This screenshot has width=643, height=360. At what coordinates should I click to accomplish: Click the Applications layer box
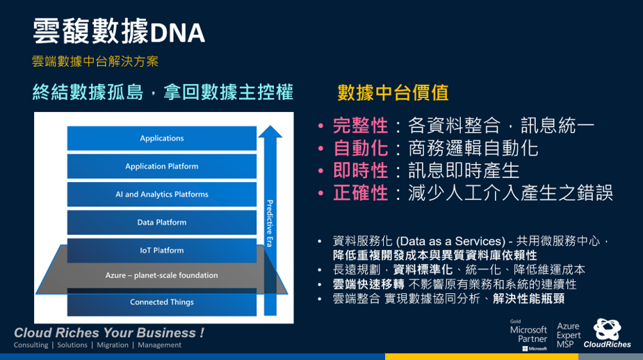point(161,138)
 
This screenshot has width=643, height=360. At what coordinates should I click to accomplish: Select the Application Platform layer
point(161,166)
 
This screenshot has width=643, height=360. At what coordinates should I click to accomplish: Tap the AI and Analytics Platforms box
point(161,194)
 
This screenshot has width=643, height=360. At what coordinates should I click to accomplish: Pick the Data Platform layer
point(161,222)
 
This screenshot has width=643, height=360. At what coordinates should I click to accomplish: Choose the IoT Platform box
point(161,250)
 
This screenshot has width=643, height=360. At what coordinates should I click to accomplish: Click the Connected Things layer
point(161,302)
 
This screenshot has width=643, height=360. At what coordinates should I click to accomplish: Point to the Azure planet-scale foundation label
point(161,275)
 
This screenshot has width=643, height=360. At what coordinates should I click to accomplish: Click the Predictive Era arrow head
point(270,131)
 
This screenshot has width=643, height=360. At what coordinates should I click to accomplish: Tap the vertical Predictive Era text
point(270,224)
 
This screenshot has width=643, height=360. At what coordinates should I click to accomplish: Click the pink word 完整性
point(361,126)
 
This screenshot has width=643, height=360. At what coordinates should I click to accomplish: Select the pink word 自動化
point(361,148)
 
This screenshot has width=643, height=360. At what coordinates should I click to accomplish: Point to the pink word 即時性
point(361,170)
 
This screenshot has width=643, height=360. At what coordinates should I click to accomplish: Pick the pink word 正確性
point(361,193)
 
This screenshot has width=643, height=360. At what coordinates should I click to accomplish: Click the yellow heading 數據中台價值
point(393,92)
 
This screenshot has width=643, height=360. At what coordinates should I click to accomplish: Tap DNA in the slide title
point(177,33)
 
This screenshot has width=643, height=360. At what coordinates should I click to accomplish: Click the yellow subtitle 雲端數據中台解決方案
point(95,61)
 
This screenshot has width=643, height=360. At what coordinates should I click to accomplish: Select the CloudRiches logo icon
point(607,329)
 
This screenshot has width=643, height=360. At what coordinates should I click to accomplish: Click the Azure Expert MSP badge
point(569,335)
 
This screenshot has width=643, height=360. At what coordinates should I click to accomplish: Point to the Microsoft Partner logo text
point(528,334)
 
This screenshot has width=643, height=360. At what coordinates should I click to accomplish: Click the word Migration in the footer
point(113,345)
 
